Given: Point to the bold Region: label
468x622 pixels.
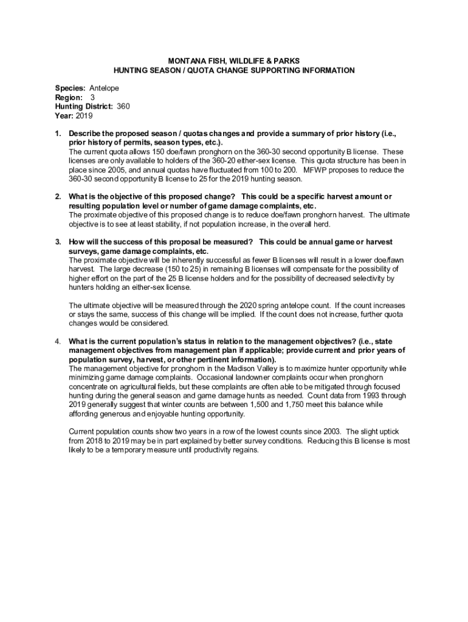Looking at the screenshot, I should tap(69, 97).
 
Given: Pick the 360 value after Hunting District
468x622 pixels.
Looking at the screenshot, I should tap(123, 106).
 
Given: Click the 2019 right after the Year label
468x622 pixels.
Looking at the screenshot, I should tap(84, 115).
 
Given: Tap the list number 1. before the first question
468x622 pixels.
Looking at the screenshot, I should tap(58, 132).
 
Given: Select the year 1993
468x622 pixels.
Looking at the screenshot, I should tap(360, 395).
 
